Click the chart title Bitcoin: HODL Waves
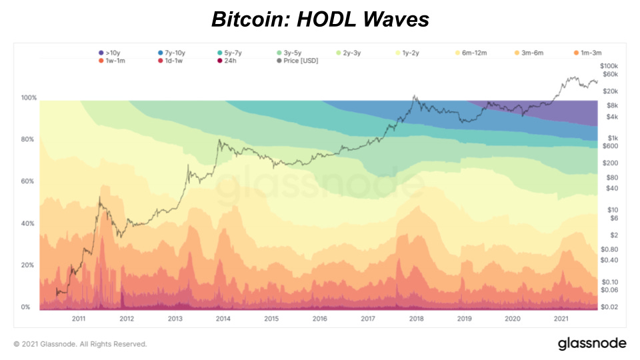320,20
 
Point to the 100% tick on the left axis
28,98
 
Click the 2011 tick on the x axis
79,319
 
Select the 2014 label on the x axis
223,319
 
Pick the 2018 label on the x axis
416,319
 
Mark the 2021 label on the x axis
561,319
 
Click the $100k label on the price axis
609,66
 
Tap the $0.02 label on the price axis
609,307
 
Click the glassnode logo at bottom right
592,343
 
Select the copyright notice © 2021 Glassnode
80,344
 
